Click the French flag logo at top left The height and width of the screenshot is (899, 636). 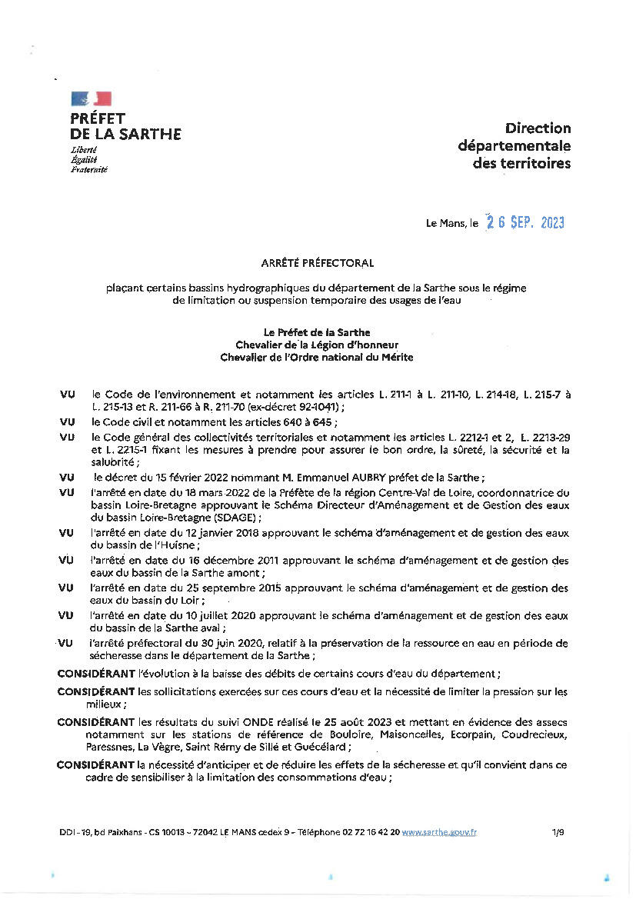click(x=92, y=98)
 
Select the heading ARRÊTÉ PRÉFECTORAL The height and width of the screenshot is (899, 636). click(x=318, y=263)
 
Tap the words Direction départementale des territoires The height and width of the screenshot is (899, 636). click(x=514, y=146)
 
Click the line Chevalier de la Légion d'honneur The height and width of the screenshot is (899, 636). click(x=318, y=345)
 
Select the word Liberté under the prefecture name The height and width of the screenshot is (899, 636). click(x=84, y=150)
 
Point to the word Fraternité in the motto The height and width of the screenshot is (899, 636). click(x=89, y=169)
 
